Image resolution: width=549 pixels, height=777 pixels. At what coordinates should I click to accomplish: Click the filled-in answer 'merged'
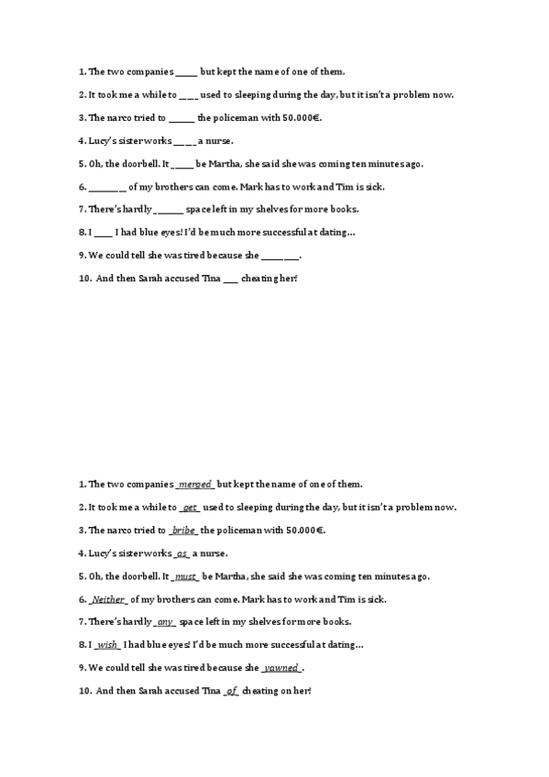[195, 484]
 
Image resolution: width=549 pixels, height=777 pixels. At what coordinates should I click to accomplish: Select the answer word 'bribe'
[183, 531]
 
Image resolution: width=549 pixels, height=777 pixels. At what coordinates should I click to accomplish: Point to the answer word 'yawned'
[281, 668]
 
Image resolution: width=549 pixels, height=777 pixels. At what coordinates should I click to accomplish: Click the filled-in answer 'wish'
[107, 645]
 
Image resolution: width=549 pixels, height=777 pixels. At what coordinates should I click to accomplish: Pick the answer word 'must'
[186, 576]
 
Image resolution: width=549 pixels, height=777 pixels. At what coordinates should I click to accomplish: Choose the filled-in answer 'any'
[166, 622]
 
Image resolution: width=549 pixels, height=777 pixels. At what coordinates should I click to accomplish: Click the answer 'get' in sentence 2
[190, 507]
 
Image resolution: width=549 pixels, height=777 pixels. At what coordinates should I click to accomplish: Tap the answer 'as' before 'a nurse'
[181, 553]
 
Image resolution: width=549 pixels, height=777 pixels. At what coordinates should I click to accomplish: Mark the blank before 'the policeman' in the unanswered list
[181, 118]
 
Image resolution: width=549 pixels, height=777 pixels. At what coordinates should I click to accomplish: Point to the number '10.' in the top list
[84, 279]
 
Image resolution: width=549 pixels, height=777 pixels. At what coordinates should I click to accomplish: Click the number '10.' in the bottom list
[84, 691]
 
